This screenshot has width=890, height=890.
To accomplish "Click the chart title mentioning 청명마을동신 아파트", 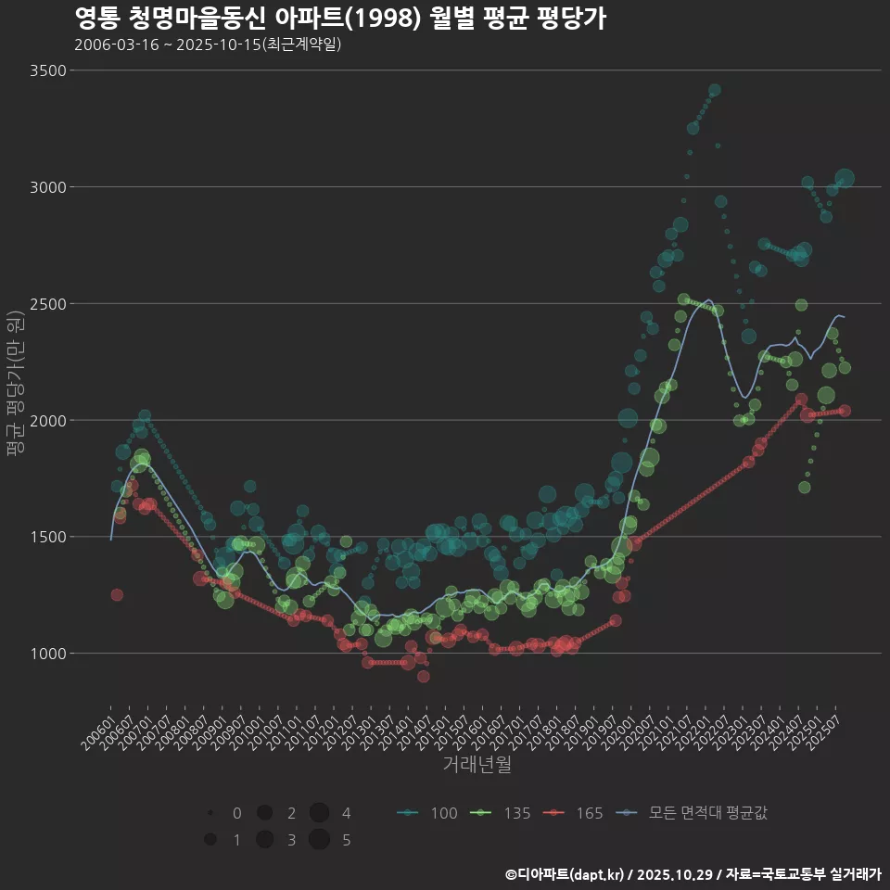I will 339,19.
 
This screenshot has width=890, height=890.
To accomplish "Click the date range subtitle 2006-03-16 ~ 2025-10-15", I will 208,44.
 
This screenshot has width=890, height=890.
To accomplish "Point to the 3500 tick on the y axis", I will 47,70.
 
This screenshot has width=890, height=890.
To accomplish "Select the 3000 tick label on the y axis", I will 47,187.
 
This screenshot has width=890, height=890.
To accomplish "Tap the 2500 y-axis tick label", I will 47,304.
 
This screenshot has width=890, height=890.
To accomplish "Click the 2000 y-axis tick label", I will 47,421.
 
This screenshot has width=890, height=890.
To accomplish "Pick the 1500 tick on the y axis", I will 47,537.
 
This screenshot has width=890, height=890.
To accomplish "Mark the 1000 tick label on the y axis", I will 47,654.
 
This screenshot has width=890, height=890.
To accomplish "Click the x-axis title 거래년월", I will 477,765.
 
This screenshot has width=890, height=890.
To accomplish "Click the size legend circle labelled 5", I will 320,840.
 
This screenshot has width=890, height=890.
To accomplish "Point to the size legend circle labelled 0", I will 211,813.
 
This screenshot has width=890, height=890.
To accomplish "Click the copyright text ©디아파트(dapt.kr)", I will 566,874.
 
